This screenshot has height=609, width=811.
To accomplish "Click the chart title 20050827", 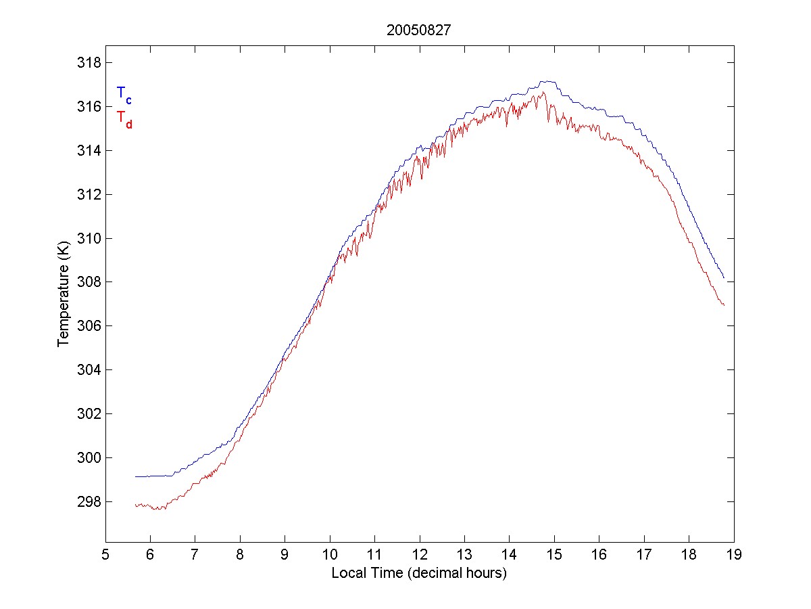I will (419, 30).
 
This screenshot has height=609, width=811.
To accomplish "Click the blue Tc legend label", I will (124, 95).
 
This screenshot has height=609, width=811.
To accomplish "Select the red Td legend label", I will (124, 118).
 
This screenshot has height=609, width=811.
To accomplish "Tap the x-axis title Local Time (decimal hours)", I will (419, 573).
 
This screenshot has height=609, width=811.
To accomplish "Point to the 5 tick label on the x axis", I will (105, 555).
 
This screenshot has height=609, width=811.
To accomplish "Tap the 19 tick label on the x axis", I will (734, 555).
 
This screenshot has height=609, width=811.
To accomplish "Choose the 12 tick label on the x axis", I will (420, 555).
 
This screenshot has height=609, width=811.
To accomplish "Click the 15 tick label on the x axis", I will (554, 555).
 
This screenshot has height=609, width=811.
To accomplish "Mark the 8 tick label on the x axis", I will (240, 555).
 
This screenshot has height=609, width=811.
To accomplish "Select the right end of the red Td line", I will (724, 305).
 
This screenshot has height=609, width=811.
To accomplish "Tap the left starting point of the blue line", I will (136, 476).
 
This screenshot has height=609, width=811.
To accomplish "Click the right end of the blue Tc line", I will (724, 277).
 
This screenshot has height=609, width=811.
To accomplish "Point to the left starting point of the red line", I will (136, 505).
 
